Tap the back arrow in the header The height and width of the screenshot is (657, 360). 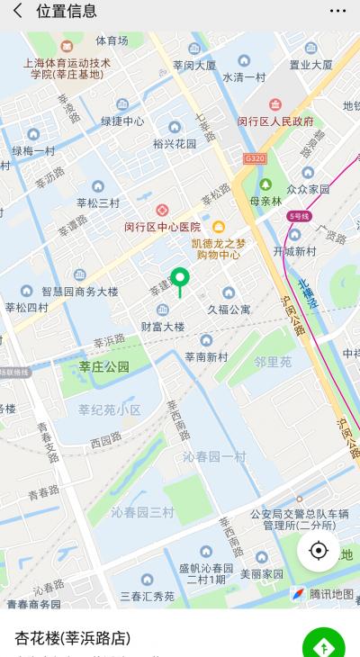[x=17, y=11]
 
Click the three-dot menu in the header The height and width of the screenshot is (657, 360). [x=337, y=11]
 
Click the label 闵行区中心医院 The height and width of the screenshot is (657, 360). [x=162, y=227]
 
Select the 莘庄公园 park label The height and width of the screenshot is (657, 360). [x=103, y=366]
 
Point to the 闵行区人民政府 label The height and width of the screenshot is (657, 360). [x=275, y=121]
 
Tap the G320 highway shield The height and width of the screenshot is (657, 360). [x=256, y=158]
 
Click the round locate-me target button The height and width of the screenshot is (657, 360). [x=318, y=550]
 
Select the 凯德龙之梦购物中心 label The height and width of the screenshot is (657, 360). [x=218, y=248]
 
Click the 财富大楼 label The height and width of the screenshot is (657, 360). [x=163, y=326]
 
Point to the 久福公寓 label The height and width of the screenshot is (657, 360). [x=229, y=309]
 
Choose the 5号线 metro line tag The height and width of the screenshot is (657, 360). [x=299, y=216]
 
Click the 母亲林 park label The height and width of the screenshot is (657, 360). [x=265, y=202]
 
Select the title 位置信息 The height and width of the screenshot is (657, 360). [x=67, y=11]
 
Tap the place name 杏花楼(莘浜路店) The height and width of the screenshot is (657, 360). [x=72, y=638]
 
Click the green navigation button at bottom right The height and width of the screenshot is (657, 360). [x=323, y=645]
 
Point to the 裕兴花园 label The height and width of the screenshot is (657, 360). [x=175, y=143]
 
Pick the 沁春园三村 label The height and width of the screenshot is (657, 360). [x=142, y=512]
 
